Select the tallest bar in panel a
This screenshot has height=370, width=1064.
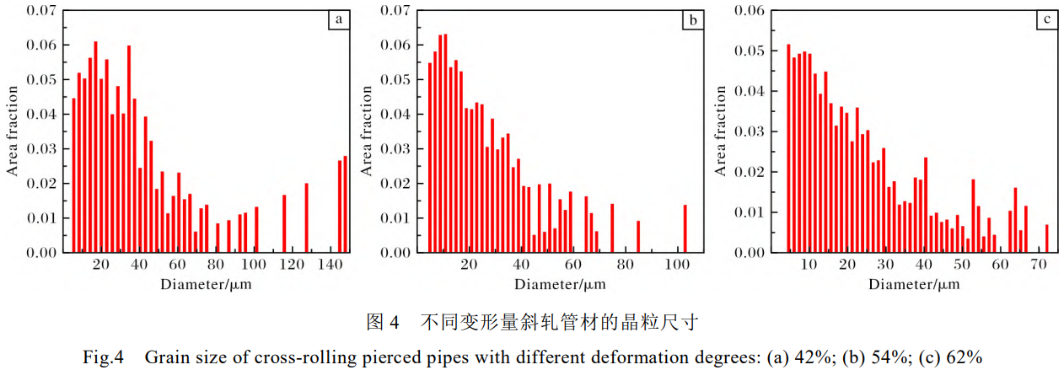pos(95,147)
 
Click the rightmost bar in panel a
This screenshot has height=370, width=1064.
pos(345,204)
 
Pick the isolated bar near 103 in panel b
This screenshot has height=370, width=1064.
pos(685,228)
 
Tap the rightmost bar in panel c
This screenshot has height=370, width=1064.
pos(1046,239)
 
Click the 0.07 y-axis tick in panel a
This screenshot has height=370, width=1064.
pos(46,11)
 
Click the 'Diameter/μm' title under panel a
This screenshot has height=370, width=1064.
pos(206,284)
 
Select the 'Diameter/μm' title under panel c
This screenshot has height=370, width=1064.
pos(915,284)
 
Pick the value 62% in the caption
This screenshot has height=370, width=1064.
pos(965,357)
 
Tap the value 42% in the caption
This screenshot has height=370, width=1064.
pos(814,357)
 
